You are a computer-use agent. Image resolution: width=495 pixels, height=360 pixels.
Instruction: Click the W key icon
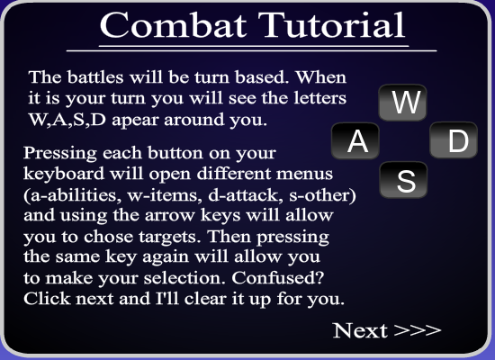click(402, 103)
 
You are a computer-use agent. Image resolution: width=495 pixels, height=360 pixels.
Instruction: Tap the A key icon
click(355, 140)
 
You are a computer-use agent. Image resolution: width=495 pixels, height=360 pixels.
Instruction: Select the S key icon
click(403, 180)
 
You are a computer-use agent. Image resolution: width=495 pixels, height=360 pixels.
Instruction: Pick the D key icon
click(454, 140)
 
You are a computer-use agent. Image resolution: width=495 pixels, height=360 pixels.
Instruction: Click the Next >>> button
click(387, 330)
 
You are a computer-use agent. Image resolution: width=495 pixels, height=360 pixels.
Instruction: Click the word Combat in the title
click(173, 25)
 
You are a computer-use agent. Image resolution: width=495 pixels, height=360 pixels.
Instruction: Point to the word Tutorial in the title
click(331, 25)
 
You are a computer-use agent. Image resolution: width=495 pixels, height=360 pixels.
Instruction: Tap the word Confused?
click(278, 278)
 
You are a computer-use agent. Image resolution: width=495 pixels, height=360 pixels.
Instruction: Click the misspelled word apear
click(135, 121)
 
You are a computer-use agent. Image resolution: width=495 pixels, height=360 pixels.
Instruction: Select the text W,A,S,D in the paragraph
click(67, 120)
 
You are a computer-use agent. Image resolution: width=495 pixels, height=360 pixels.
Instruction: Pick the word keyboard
click(64, 175)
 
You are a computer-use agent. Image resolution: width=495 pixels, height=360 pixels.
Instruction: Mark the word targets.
click(170, 237)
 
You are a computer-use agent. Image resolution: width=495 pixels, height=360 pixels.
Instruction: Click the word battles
click(95, 77)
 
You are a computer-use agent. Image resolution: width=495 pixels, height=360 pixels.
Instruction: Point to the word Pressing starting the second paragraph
click(60, 154)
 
